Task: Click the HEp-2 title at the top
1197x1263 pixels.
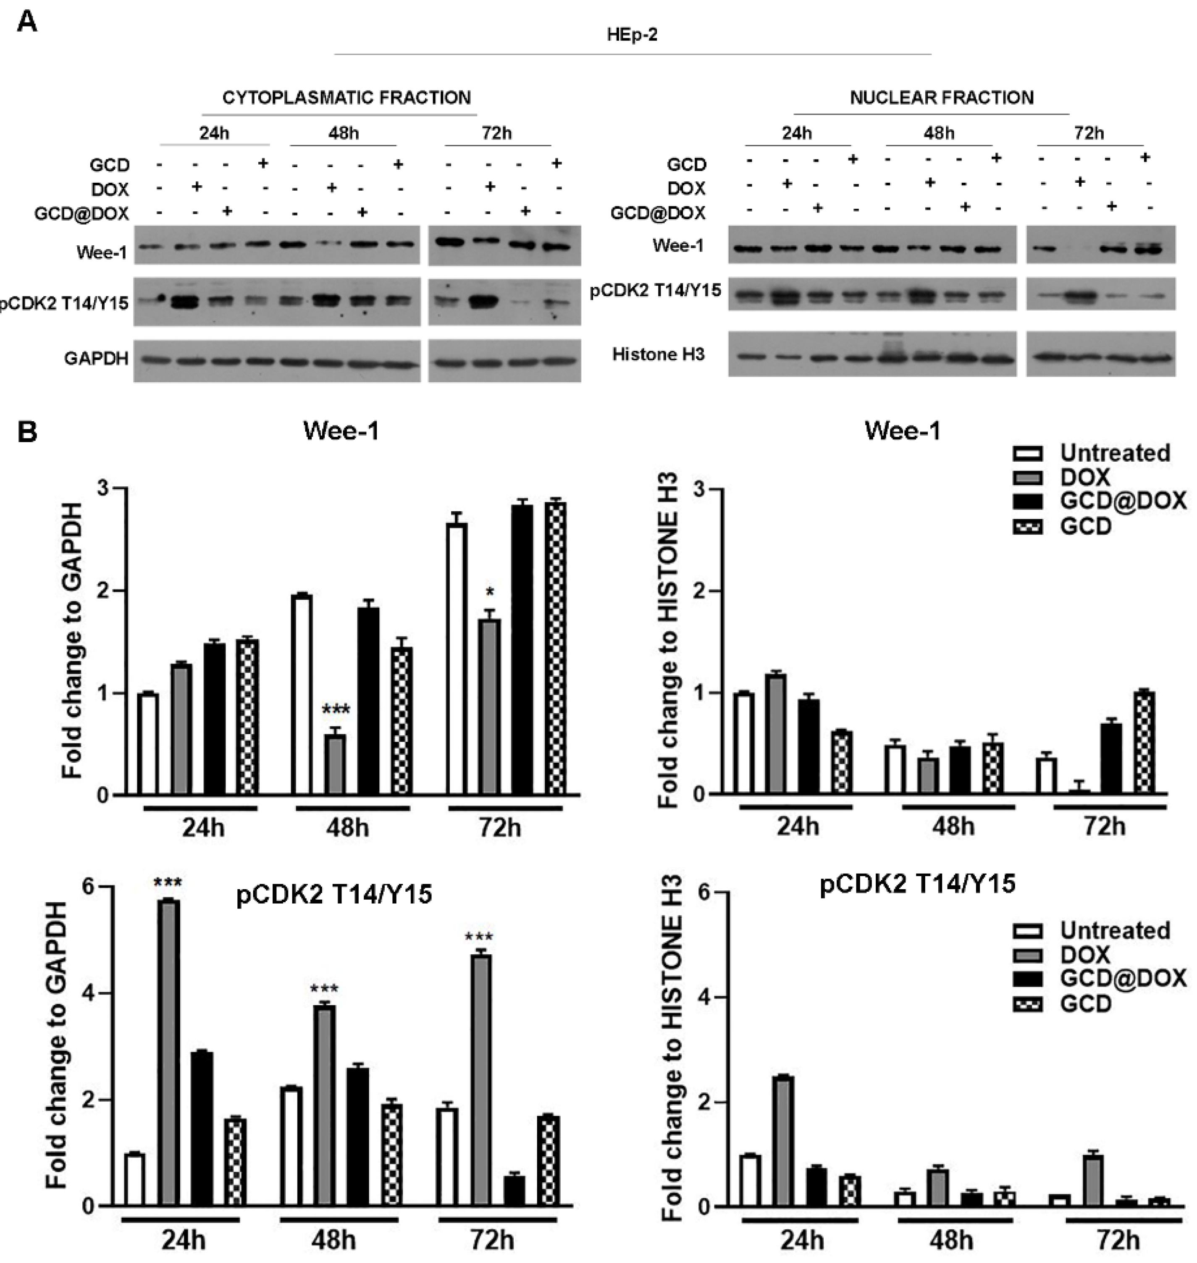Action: tap(632, 35)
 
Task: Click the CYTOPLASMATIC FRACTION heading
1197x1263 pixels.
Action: tap(346, 97)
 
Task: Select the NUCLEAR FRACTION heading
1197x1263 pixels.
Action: tap(942, 97)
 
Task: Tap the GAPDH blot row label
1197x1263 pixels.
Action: tap(96, 359)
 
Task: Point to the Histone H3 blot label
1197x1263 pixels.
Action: tap(659, 354)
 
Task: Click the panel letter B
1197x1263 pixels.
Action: tap(27, 432)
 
